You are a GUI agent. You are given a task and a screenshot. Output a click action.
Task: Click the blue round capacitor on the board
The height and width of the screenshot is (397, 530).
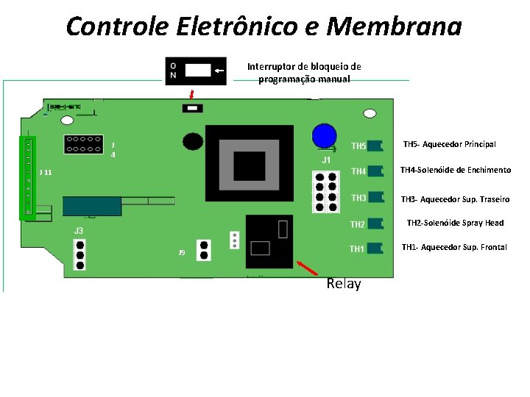click(x=324, y=136)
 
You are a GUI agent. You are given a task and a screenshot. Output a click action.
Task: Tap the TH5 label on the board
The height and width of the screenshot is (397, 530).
click(x=358, y=146)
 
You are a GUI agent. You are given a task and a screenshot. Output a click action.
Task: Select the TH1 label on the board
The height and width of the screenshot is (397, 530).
click(x=357, y=249)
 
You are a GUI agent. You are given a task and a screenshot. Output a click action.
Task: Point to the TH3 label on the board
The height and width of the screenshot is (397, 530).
click(x=358, y=198)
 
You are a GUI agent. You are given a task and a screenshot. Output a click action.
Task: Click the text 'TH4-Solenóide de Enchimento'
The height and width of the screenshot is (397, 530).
click(x=455, y=170)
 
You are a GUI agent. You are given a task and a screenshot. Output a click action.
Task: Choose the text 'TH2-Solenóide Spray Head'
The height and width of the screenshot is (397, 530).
click(x=455, y=223)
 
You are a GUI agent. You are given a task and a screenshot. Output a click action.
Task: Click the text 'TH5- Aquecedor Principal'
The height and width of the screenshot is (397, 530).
click(x=449, y=144)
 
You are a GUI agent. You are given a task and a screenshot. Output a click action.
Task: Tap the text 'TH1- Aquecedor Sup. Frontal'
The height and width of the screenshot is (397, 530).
click(x=454, y=247)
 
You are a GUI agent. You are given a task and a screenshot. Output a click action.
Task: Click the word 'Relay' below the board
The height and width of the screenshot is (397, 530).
click(x=344, y=284)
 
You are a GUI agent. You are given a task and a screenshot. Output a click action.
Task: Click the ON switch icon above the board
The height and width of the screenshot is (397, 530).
click(x=196, y=71)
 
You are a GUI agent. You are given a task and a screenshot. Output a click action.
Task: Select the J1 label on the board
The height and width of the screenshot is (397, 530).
click(x=326, y=160)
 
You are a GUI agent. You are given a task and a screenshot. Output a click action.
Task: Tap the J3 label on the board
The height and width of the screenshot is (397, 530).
click(x=78, y=230)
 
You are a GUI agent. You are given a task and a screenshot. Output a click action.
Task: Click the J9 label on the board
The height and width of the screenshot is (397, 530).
click(x=182, y=252)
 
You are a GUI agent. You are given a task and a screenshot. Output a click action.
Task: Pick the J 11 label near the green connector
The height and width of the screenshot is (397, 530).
click(x=45, y=172)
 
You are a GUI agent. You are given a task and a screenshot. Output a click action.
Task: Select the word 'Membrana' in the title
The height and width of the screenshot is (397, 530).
click(x=395, y=26)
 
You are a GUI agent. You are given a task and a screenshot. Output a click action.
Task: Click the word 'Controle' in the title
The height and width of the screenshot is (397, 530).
click(x=118, y=26)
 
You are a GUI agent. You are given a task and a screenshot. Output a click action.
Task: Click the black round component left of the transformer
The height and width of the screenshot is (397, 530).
click(x=193, y=141)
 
